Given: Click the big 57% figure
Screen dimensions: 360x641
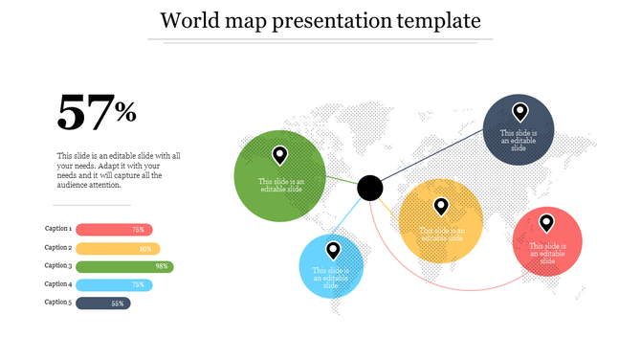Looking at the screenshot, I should coord(97,113).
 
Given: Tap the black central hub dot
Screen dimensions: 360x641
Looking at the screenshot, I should coord(370,188).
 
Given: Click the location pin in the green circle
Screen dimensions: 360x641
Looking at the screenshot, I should coord(279,155).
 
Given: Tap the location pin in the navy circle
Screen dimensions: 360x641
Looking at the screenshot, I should coord(519,112).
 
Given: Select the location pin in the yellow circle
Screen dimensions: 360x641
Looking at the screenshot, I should coord(441,206).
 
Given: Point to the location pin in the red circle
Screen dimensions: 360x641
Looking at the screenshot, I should coord(546,223).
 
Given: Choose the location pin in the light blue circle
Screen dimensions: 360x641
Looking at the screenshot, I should coord(333,251).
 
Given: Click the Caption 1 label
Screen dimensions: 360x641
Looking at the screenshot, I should coord(58,230).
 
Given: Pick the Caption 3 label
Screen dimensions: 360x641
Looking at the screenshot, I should coord(58,266).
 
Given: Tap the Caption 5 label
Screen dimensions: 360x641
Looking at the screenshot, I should coord(58,303).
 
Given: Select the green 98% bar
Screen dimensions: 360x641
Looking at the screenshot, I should coord(124,266).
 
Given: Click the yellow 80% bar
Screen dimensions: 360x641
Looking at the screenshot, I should coord(117,248).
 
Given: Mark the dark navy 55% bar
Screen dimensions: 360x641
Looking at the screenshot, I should coord(102,304).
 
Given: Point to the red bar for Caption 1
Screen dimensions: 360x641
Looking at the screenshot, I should coord(113,230).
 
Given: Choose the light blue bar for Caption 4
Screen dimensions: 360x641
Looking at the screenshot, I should coord(113,285).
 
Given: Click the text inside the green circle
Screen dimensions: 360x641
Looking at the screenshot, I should coord(280,185).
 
